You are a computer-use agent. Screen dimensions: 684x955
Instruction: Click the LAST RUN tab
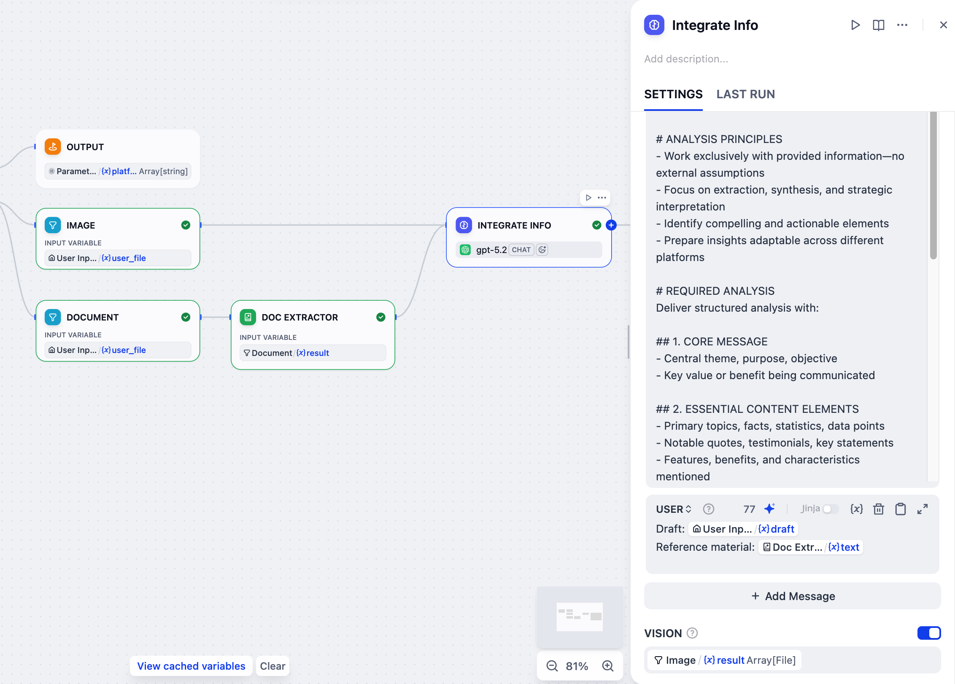click(745, 94)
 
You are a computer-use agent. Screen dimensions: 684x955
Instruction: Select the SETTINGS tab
click(673, 94)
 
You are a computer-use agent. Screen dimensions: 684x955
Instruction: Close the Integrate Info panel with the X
click(944, 25)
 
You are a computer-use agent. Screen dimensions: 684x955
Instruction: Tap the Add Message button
click(793, 596)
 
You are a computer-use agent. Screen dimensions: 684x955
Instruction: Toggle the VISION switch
click(928, 633)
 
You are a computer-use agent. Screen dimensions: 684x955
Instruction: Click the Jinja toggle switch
click(830, 509)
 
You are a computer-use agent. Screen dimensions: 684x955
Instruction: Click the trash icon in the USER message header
click(879, 509)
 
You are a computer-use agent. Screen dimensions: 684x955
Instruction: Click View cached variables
click(191, 666)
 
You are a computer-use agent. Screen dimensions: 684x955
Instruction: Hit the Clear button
click(272, 666)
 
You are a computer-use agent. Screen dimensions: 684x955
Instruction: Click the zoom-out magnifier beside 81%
click(552, 666)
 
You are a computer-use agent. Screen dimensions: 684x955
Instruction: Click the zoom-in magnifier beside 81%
click(608, 666)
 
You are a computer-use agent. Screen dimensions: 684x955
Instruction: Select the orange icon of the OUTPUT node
click(53, 147)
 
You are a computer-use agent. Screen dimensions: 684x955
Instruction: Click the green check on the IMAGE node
click(186, 225)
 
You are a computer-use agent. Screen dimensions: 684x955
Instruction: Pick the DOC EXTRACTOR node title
click(299, 317)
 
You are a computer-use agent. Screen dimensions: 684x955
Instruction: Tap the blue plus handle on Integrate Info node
click(611, 225)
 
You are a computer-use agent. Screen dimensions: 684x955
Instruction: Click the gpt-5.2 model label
click(491, 250)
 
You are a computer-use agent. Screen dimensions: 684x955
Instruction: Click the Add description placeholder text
click(686, 59)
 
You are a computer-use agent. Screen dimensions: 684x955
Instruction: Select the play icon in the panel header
click(855, 25)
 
